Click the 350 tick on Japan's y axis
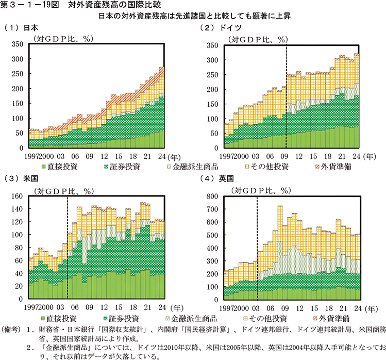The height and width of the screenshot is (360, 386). (x=18, y=45)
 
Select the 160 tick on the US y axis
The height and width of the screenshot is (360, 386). (x=18, y=196)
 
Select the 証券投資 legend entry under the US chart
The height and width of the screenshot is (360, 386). (x=124, y=318)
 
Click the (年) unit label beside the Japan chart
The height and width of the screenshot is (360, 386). (x=174, y=155)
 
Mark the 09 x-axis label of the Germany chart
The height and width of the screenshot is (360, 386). (x=283, y=155)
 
